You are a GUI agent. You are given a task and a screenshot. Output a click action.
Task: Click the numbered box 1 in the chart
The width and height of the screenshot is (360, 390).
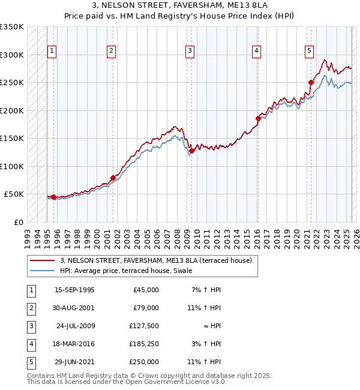(x=52, y=52)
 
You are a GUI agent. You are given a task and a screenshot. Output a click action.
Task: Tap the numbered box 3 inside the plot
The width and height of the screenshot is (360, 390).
(x=190, y=52)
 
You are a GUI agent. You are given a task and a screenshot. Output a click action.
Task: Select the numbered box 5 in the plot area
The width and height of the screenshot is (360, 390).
(x=309, y=52)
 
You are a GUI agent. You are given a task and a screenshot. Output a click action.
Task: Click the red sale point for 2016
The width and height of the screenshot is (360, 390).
(x=258, y=119)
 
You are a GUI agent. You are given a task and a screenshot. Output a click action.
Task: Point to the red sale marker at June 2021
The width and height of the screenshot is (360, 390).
(x=311, y=82)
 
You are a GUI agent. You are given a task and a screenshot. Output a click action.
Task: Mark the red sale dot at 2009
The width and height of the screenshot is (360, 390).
(x=191, y=151)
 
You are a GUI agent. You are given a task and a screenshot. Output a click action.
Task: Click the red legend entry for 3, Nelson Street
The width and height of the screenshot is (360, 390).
(x=158, y=260)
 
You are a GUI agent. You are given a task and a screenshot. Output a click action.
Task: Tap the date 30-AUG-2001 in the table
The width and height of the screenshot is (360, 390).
(x=74, y=308)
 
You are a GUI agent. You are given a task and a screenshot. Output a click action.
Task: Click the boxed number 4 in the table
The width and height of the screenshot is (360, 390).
(x=31, y=344)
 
